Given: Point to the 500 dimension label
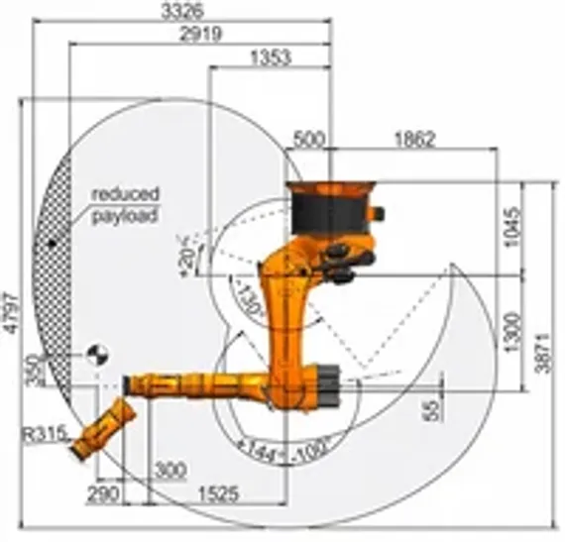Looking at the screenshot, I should coord(309,140).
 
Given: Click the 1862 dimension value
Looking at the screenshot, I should coord(413,140).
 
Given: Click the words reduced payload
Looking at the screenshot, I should coord(125,204).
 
